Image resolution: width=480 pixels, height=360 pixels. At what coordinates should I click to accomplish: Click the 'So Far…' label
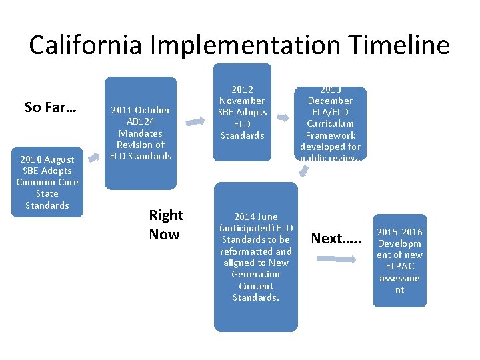pyautogui.click(x=50, y=107)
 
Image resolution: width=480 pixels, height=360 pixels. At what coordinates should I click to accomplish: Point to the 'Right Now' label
pyautogui.click(x=166, y=225)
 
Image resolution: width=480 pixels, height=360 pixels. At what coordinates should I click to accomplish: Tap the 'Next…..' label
pyautogui.click(x=337, y=239)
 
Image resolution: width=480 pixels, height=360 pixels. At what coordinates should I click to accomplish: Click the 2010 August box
pyautogui.click(x=47, y=182)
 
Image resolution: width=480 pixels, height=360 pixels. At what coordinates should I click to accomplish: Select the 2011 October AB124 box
pyautogui.click(x=141, y=133)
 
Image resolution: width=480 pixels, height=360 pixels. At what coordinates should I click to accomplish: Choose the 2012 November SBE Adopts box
pyautogui.click(x=242, y=112)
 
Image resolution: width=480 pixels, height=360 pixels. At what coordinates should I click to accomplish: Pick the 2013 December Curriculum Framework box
pyautogui.click(x=330, y=124)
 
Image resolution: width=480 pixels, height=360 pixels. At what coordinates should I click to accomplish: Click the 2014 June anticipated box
pyautogui.click(x=255, y=257)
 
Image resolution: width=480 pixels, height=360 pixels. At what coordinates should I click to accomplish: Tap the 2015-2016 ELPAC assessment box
pyautogui.click(x=399, y=261)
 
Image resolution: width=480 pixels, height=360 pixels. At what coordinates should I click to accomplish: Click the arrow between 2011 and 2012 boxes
pyautogui.click(x=195, y=121)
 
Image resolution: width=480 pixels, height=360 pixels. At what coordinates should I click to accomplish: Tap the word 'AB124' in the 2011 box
pyautogui.click(x=141, y=121)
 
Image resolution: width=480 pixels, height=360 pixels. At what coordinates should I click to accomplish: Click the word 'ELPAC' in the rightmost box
pyautogui.click(x=399, y=267)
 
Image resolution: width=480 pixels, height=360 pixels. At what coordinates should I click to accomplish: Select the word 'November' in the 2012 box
pyautogui.click(x=242, y=101)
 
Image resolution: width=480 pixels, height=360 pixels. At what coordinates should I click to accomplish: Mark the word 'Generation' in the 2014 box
pyautogui.click(x=255, y=274)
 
